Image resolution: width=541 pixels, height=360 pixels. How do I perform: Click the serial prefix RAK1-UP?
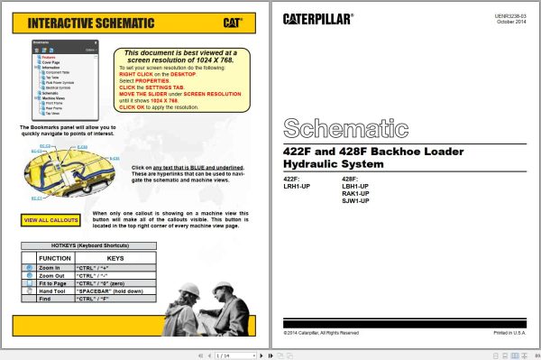pyautogui.click(x=355, y=193)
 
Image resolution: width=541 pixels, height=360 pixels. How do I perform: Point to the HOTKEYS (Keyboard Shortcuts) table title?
pyautogui.click(x=88, y=246)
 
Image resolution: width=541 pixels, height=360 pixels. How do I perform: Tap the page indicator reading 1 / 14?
pyautogui.click(x=223, y=355)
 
